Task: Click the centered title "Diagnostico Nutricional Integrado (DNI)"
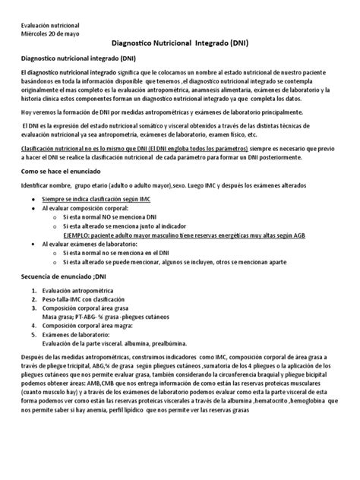pyautogui.click(x=181, y=44)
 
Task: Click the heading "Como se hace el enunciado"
pyautogui.click(x=65, y=172)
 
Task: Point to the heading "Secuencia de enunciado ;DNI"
pyautogui.click(x=69, y=279)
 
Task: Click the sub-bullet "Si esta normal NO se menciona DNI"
pyautogui.click(x=115, y=216)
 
